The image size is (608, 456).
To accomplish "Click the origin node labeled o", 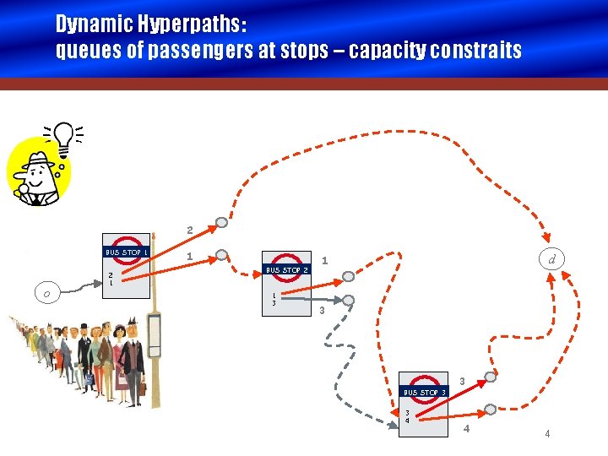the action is [47, 293].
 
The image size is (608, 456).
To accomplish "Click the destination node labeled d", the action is [551, 259].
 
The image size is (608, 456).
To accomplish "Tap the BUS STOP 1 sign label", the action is [127, 252].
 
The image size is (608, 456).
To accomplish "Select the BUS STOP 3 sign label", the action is [424, 392].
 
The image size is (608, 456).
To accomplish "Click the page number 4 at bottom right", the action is [547, 434].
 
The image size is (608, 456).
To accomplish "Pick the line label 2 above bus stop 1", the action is [190, 230].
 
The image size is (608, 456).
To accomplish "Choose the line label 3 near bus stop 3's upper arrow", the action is [462, 382].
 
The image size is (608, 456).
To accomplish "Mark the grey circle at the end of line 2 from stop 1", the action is [221, 223].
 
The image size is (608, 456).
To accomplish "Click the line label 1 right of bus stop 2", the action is [326, 261].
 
